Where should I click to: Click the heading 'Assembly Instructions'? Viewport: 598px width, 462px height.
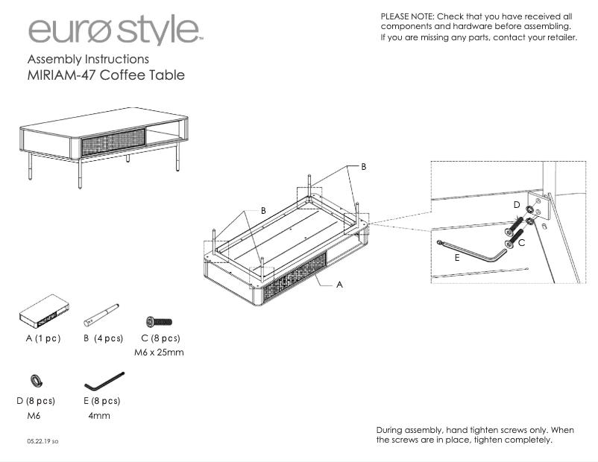pos(88,59)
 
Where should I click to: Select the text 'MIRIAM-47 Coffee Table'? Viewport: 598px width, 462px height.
pos(105,75)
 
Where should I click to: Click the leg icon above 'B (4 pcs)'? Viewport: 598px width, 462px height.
pos(101,314)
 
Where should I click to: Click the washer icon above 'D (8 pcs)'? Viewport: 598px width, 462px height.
pos(35,382)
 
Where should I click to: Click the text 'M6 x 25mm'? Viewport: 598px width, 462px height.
pos(158,352)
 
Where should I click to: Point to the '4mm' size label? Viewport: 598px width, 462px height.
pos(99,416)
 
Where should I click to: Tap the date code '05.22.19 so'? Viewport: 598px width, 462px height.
pos(43,442)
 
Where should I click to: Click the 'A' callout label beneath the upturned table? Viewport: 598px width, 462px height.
pos(339,284)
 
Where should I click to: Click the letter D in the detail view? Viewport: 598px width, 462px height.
pos(516,203)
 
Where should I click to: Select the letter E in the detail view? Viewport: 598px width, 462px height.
pos(456,259)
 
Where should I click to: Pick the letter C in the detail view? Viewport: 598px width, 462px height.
pos(521,243)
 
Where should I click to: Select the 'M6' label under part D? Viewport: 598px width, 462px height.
pos(33,416)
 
